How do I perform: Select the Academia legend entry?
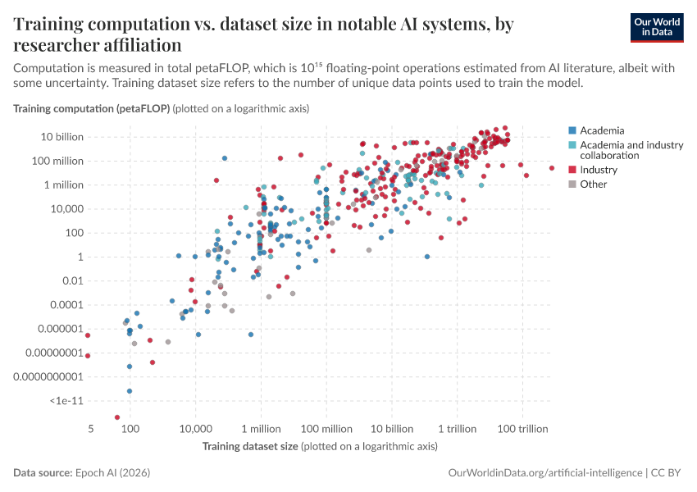point(602,130)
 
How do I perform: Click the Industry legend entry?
point(598,170)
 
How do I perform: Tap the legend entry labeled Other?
point(593,184)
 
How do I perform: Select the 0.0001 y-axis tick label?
point(66,305)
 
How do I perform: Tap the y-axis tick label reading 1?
point(81,257)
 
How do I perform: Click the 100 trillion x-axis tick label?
point(522,430)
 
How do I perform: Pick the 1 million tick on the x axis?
point(262,430)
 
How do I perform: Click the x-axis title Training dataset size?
point(250,446)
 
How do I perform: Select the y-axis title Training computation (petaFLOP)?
point(91,108)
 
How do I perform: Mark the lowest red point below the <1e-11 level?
point(117,417)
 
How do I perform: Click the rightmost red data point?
point(551,168)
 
